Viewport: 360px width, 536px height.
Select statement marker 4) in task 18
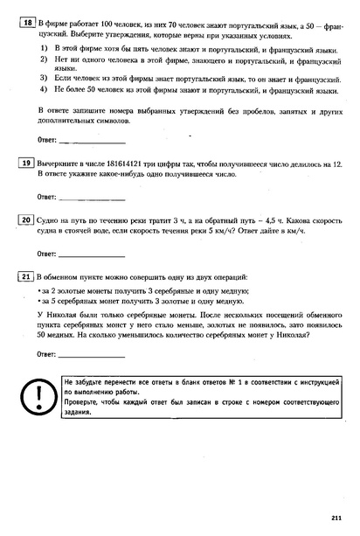pos(44,101)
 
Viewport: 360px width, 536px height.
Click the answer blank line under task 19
pos(92,197)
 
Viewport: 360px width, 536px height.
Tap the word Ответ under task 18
pos(48,139)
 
